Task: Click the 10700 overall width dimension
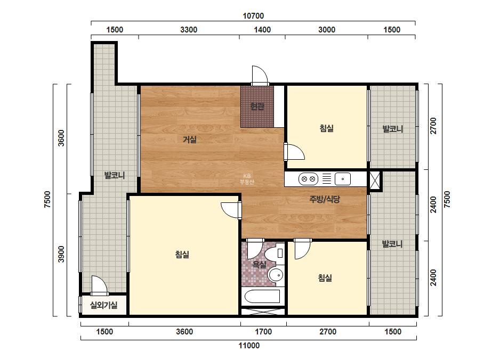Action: (253, 15)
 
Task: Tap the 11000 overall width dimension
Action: (249, 346)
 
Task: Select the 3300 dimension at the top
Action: (189, 30)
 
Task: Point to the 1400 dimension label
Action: (262, 30)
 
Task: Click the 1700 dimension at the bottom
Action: (263, 331)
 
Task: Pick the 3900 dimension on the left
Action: (61, 255)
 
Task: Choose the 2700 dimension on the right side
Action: (433, 126)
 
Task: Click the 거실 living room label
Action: (190, 140)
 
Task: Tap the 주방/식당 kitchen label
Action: (325, 199)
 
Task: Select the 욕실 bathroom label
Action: (260, 265)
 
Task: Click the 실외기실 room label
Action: (103, 305)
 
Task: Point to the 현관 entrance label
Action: (257, 107)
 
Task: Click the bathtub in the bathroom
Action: (262, 296)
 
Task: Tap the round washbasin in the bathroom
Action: (276, 275)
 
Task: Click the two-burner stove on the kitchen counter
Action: (308, 179)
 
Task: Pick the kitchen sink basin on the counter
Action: (343, 179)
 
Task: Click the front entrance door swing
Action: (260, 76)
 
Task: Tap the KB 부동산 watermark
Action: (247, 179)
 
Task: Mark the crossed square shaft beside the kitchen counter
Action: (374, 180)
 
